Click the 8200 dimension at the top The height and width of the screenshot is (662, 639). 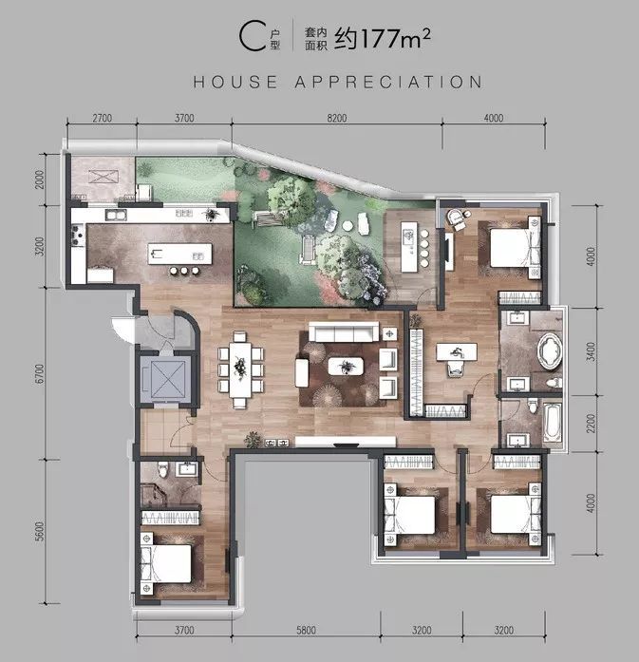pos(337,118)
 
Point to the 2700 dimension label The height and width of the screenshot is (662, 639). pos(103,118)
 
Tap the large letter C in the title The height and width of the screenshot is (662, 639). pos(250,37)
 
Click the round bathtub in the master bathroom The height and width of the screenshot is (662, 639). pos(550,352)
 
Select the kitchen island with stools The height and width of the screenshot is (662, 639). pos(178,255)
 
